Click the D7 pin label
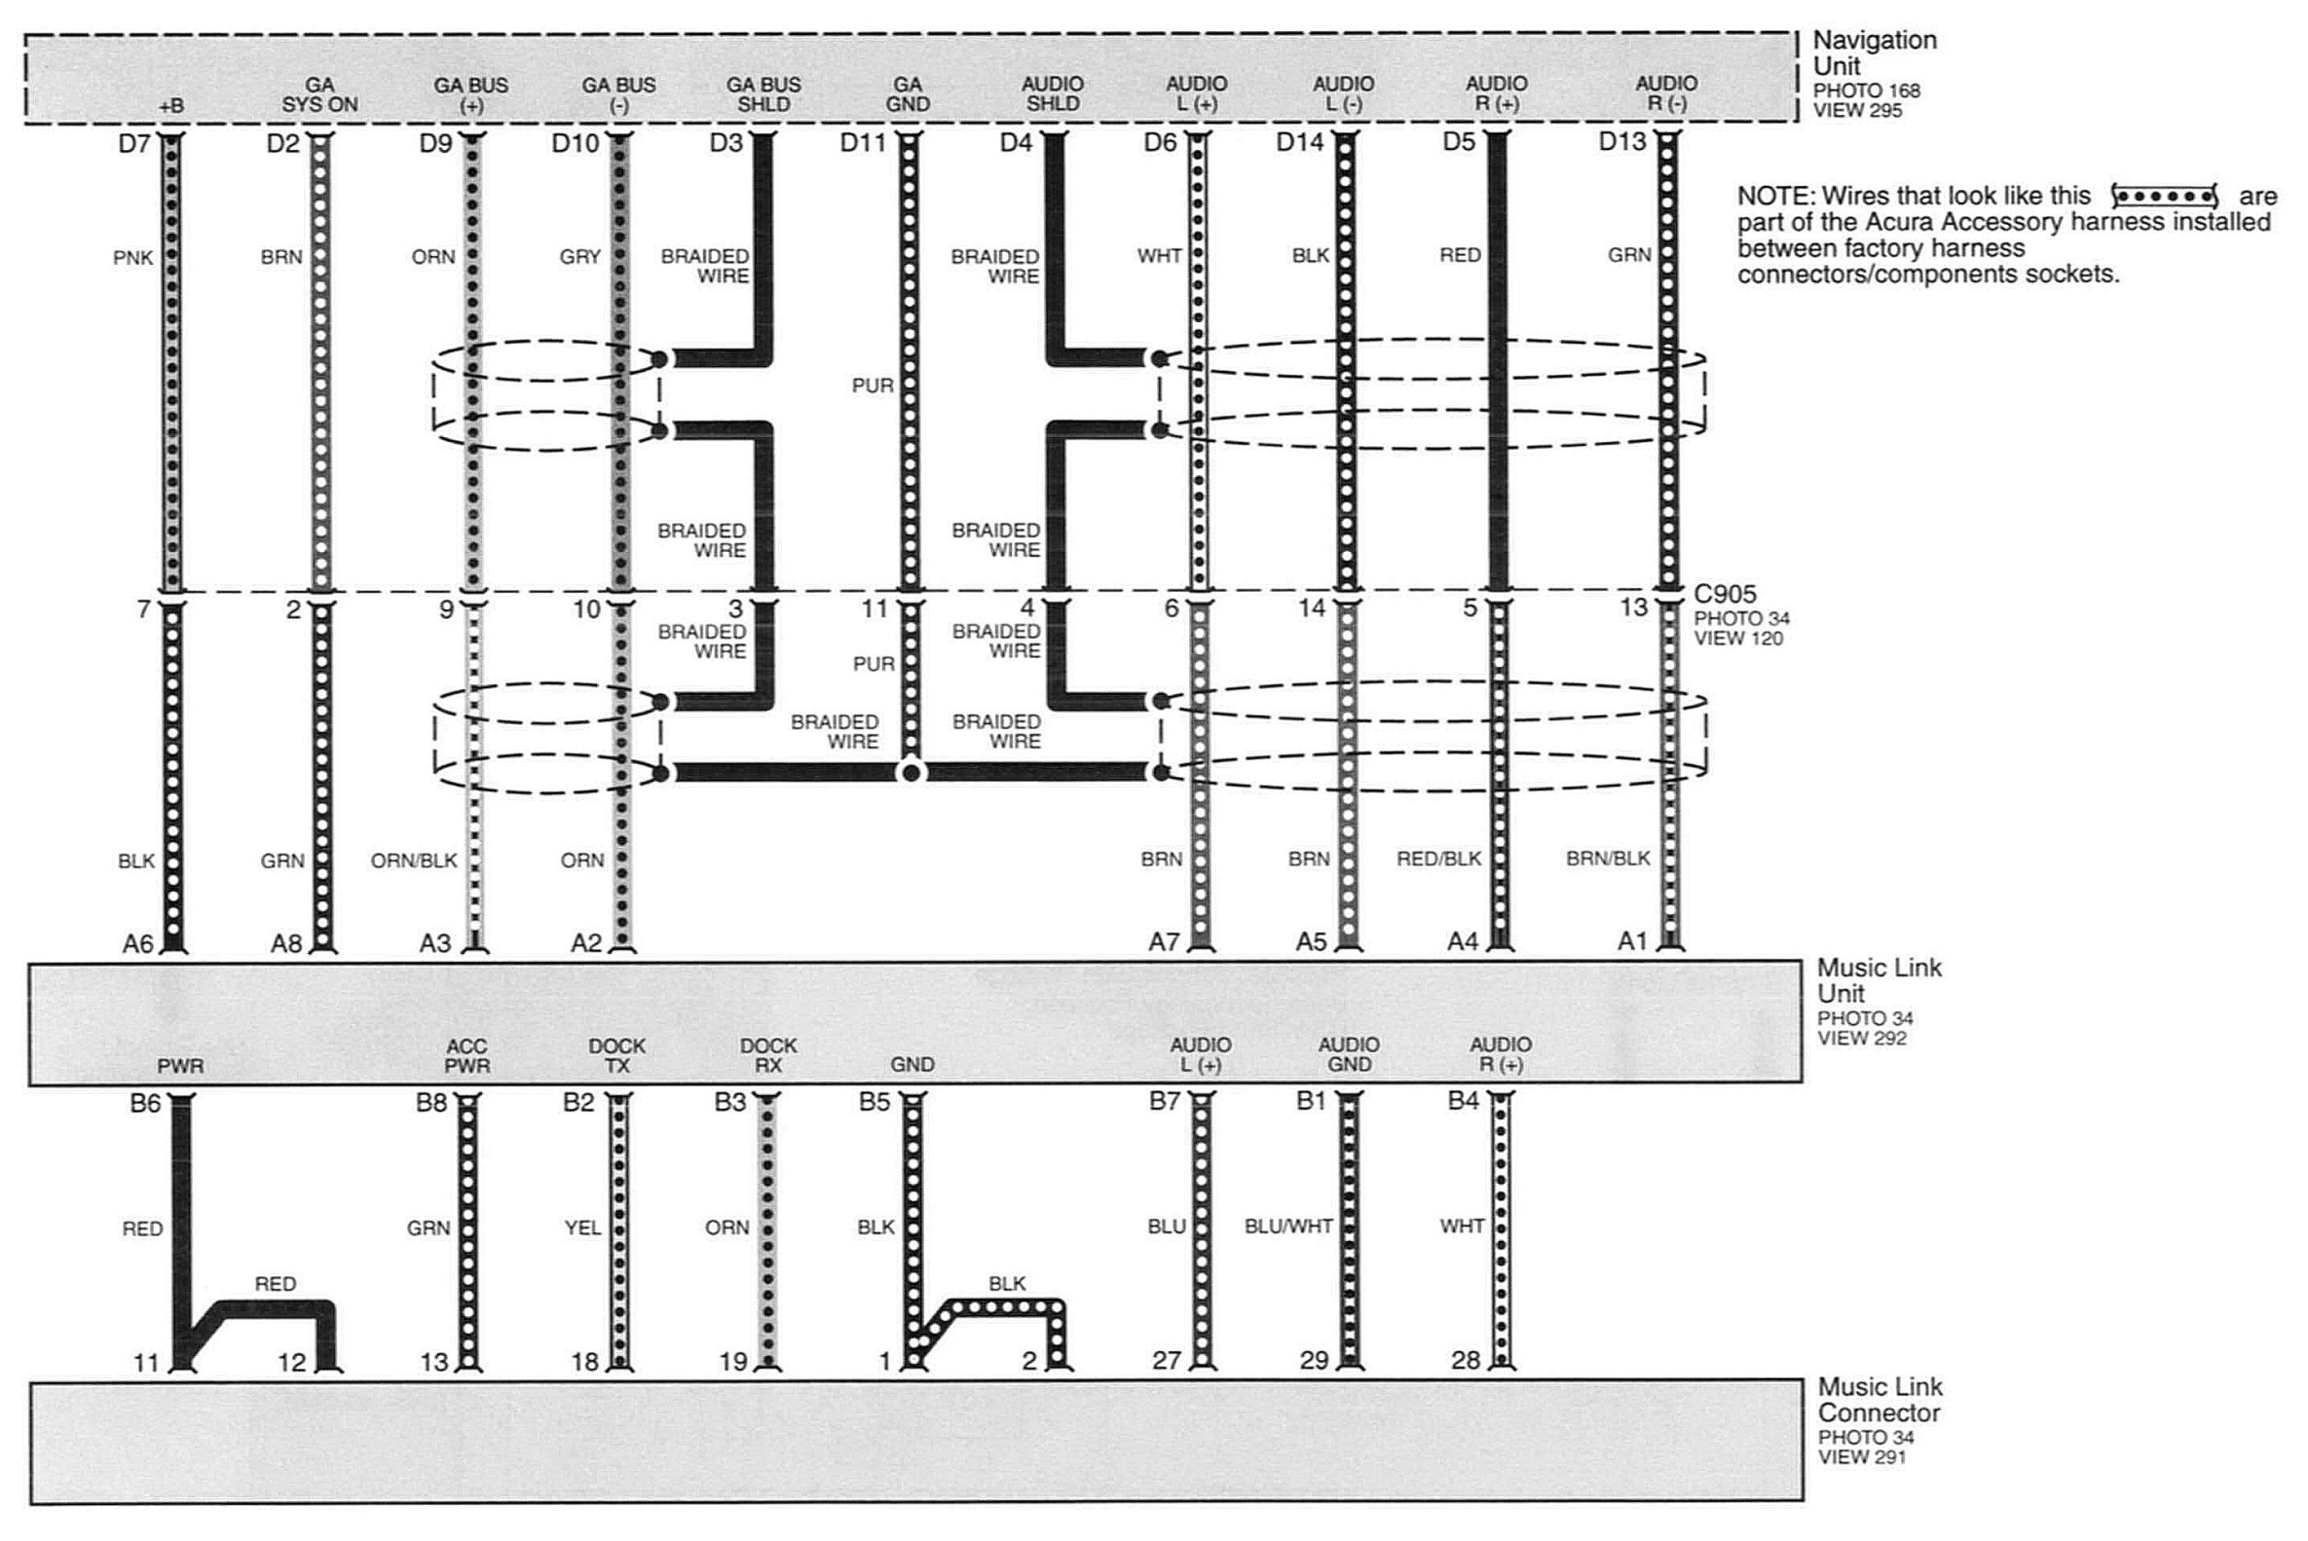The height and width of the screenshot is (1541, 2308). [134, 143]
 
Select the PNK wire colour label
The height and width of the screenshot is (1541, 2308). [132, 258]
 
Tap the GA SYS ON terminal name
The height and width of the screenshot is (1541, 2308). [319, 95]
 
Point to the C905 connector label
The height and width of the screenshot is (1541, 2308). [1725, 594]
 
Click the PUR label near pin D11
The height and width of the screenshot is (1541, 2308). [873, 385]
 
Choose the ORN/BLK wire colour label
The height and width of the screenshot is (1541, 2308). [414, 861]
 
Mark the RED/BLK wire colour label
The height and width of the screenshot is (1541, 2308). [1439, 859]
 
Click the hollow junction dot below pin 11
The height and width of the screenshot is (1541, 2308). [912, 773]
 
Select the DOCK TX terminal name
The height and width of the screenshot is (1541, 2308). [617, 1055]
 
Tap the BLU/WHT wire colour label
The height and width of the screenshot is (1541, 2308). [1288, 1227]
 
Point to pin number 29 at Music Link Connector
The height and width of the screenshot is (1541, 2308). [1315, 1360]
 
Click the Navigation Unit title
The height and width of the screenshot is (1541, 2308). [1875, 54]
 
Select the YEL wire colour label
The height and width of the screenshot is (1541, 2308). [583, 1228]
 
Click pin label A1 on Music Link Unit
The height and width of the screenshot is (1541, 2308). [1632, 941]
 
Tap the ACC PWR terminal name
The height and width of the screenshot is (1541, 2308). [466, 1056]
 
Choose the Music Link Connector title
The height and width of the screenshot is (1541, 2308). [1880, 1400]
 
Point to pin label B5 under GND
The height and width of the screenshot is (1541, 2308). [874, 1102]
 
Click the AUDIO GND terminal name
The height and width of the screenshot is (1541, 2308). [1349, 1054]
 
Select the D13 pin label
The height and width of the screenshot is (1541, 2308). [1621, 142]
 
